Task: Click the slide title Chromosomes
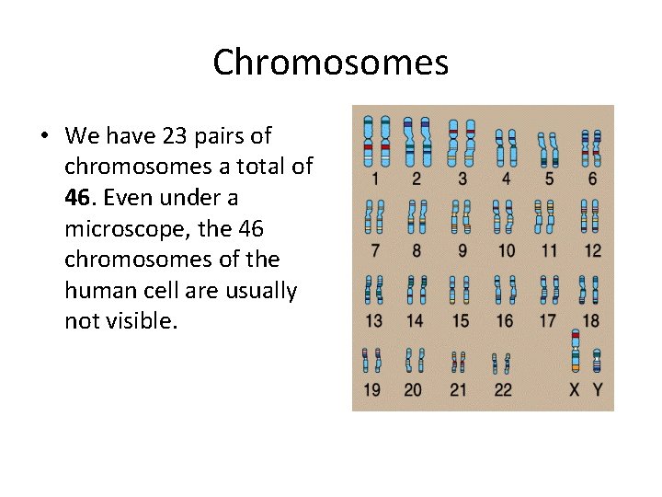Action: (x=330, y=64)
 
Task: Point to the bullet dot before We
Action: (x=43, y=136)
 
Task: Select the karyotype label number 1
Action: (x=371, y=179)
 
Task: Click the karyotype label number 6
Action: (x=592, y=179)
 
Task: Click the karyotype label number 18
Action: (x=591, y=320)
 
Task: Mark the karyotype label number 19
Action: (x=371, y=390)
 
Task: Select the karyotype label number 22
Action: (x=503, y=390)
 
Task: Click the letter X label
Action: (x=575, y=390)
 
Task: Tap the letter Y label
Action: (x=597, y=390)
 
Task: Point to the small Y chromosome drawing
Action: (x=597, y=361)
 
